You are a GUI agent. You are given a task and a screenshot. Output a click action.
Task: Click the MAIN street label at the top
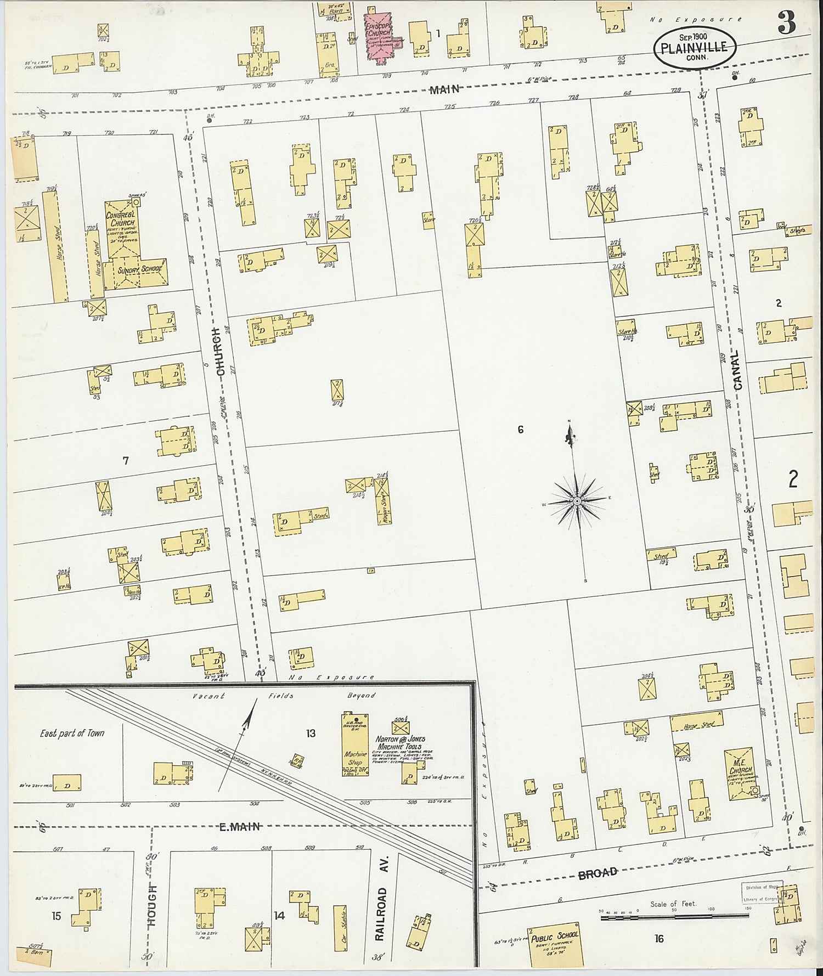pos(444,89)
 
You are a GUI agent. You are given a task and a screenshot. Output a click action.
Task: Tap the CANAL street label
pos(737,370)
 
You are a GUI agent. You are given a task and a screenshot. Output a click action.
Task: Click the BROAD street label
pos(597,872)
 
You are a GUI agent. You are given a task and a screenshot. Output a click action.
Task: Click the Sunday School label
pos(139,269)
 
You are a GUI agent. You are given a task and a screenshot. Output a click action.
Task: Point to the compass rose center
pos(577,501)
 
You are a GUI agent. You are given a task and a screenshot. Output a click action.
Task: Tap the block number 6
pos(520,430)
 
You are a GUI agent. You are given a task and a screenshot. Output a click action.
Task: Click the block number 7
pos(125,461)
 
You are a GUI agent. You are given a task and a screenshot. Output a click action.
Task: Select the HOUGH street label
pos(152,905)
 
